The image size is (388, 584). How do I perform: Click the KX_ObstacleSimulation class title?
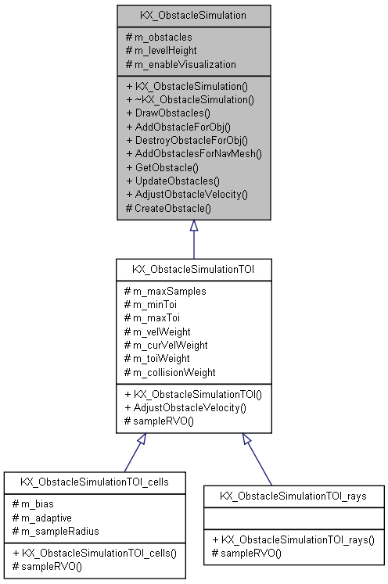[193, 14]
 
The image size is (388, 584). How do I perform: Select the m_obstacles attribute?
[163, 37]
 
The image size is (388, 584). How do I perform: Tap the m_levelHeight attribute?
[166, 50]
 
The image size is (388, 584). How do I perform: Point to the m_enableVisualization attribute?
[180, 63]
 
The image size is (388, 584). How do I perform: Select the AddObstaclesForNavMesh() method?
[193, 153]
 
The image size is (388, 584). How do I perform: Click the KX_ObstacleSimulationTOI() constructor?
[193, 394]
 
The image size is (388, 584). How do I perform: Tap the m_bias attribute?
[34, 504]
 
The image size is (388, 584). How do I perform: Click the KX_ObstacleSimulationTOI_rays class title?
[294, 496]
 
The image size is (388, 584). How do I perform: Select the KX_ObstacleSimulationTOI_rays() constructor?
[293, 539]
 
